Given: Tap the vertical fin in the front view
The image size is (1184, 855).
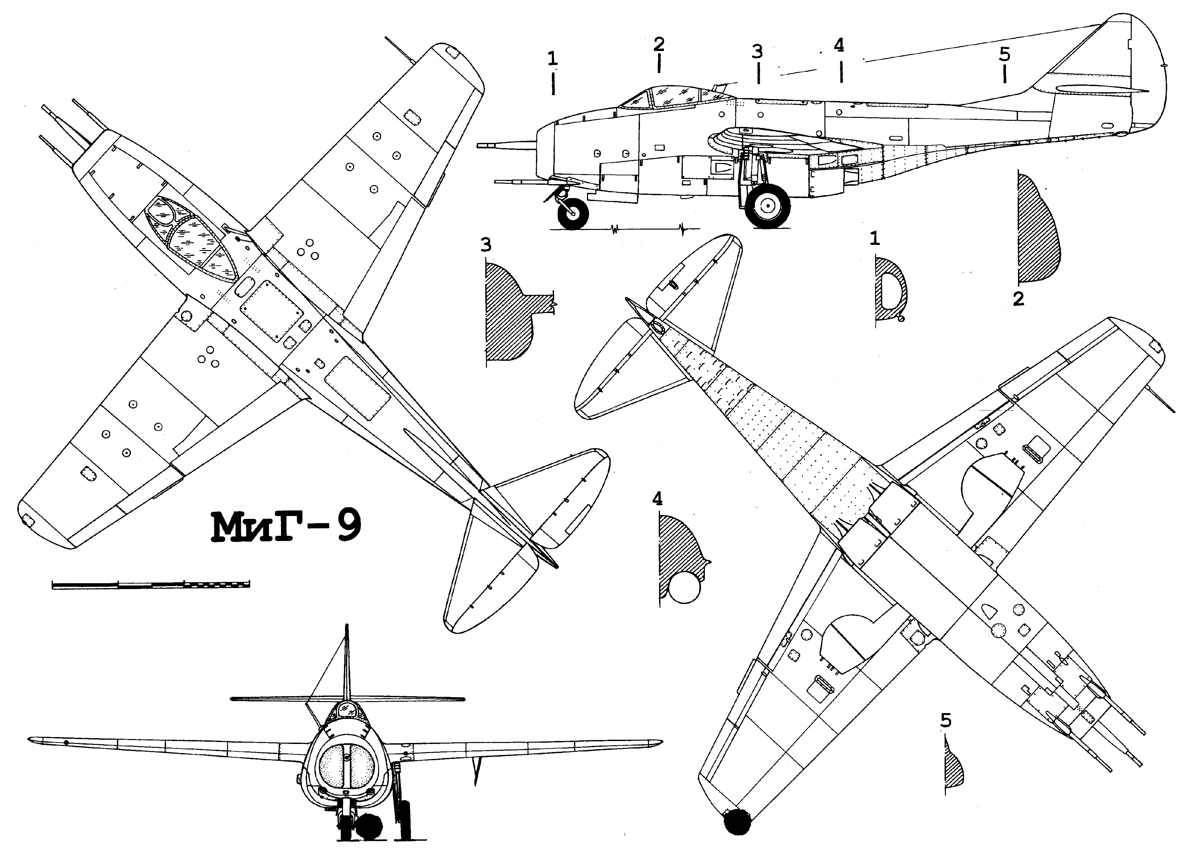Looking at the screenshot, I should click(x=347, y=663).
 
